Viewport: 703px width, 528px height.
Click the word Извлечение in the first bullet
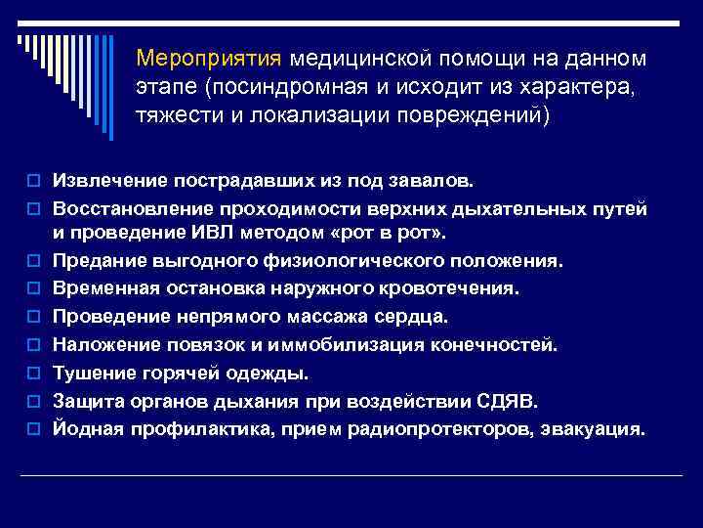pyautogui.click(x=103, y=181)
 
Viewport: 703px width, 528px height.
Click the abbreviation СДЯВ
pyautogui.click(x=507, y=400)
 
